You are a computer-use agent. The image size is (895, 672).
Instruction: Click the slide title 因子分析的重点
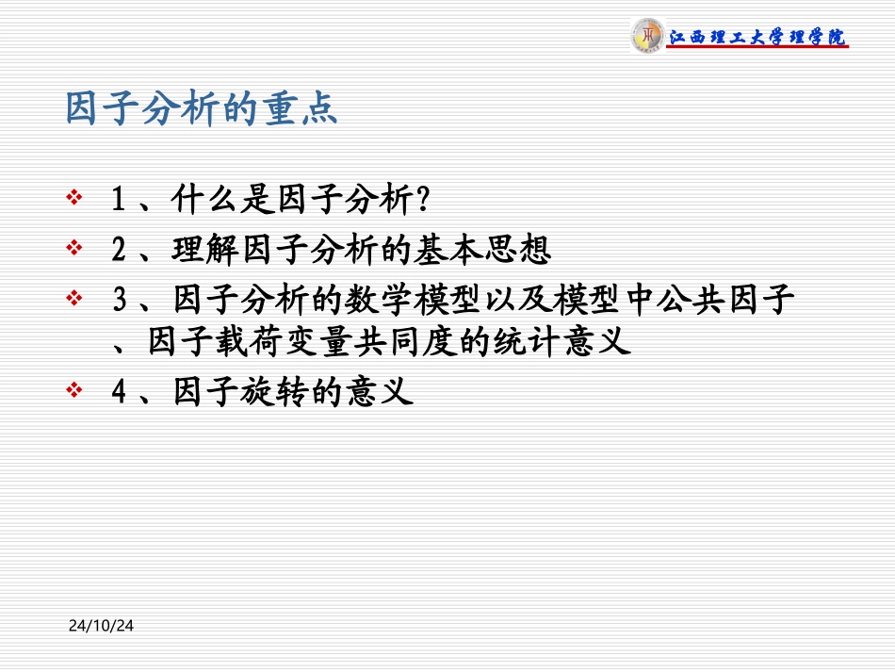click(x=201, y=109)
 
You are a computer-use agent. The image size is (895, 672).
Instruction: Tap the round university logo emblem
click(x=646, y=36)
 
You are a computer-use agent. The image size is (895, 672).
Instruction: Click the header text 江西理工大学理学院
click(x=757, y=38)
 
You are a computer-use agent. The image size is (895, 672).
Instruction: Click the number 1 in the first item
click(x=119, y=200)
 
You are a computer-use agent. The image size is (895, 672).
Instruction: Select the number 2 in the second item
click(x=119, y=250)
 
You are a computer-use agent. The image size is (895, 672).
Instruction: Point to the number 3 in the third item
click(x=119, y=301)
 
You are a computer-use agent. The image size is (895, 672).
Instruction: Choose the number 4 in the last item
click(x=119, y=391)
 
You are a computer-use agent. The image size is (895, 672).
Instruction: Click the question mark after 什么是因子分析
click(x=423, y=200)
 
